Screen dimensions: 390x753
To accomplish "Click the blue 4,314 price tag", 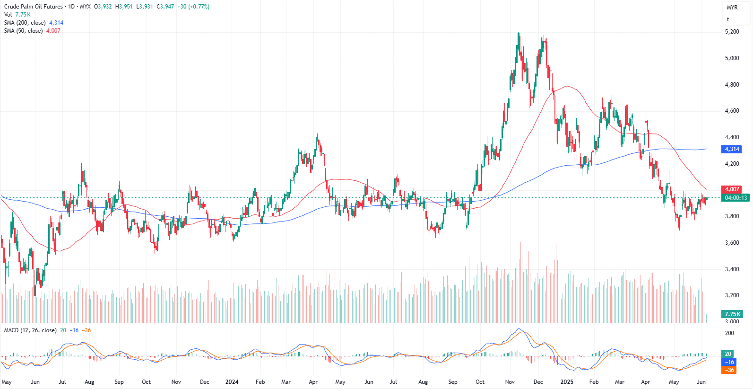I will (732, 149).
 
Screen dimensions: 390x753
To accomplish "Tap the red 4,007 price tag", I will (732, 189).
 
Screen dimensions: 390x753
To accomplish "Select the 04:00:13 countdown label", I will (736, 198).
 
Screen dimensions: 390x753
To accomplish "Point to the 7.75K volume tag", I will (732, 314).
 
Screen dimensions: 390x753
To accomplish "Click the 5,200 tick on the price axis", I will (732, 32).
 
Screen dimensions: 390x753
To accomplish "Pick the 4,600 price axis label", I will (732, 111).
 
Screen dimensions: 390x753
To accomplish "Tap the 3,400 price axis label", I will (732, 269).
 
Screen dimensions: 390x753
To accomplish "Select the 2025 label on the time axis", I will (567, 382).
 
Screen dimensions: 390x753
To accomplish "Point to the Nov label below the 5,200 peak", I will (510, 382).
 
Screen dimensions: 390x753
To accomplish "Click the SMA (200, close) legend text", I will (25, 23).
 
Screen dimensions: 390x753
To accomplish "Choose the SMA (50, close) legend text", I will (23, 31).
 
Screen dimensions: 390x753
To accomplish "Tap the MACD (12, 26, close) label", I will (30, 330).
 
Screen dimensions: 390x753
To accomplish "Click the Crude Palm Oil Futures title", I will (33, 7).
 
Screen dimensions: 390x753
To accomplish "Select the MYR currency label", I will (732, 8).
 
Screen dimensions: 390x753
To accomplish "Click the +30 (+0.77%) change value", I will (193, 7).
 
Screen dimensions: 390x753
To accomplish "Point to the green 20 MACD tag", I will (728, 354).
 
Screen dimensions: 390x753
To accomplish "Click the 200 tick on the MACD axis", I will (729, 333).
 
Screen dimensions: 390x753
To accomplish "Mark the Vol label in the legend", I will (8, 15).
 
